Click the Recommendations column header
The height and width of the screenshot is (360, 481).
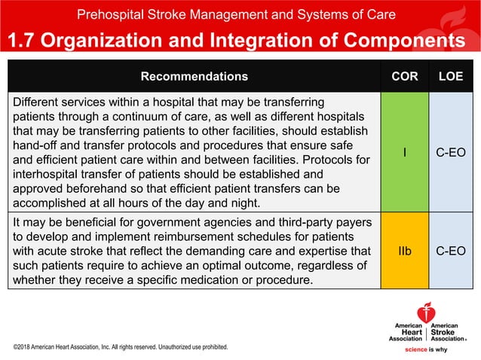(x=194, y=76)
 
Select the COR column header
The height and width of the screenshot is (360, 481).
(x=405, y=76)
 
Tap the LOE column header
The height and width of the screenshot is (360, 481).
(x=451, y=76)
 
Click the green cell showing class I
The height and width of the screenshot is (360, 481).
(x=405, y=152)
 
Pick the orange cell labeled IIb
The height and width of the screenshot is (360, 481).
(x=405, y=251)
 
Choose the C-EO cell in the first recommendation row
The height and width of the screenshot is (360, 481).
(x=451, y=152)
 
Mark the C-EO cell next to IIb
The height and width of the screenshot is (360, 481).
(x=451, y=251)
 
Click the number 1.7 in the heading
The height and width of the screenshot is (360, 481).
(x=22, y=40)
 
